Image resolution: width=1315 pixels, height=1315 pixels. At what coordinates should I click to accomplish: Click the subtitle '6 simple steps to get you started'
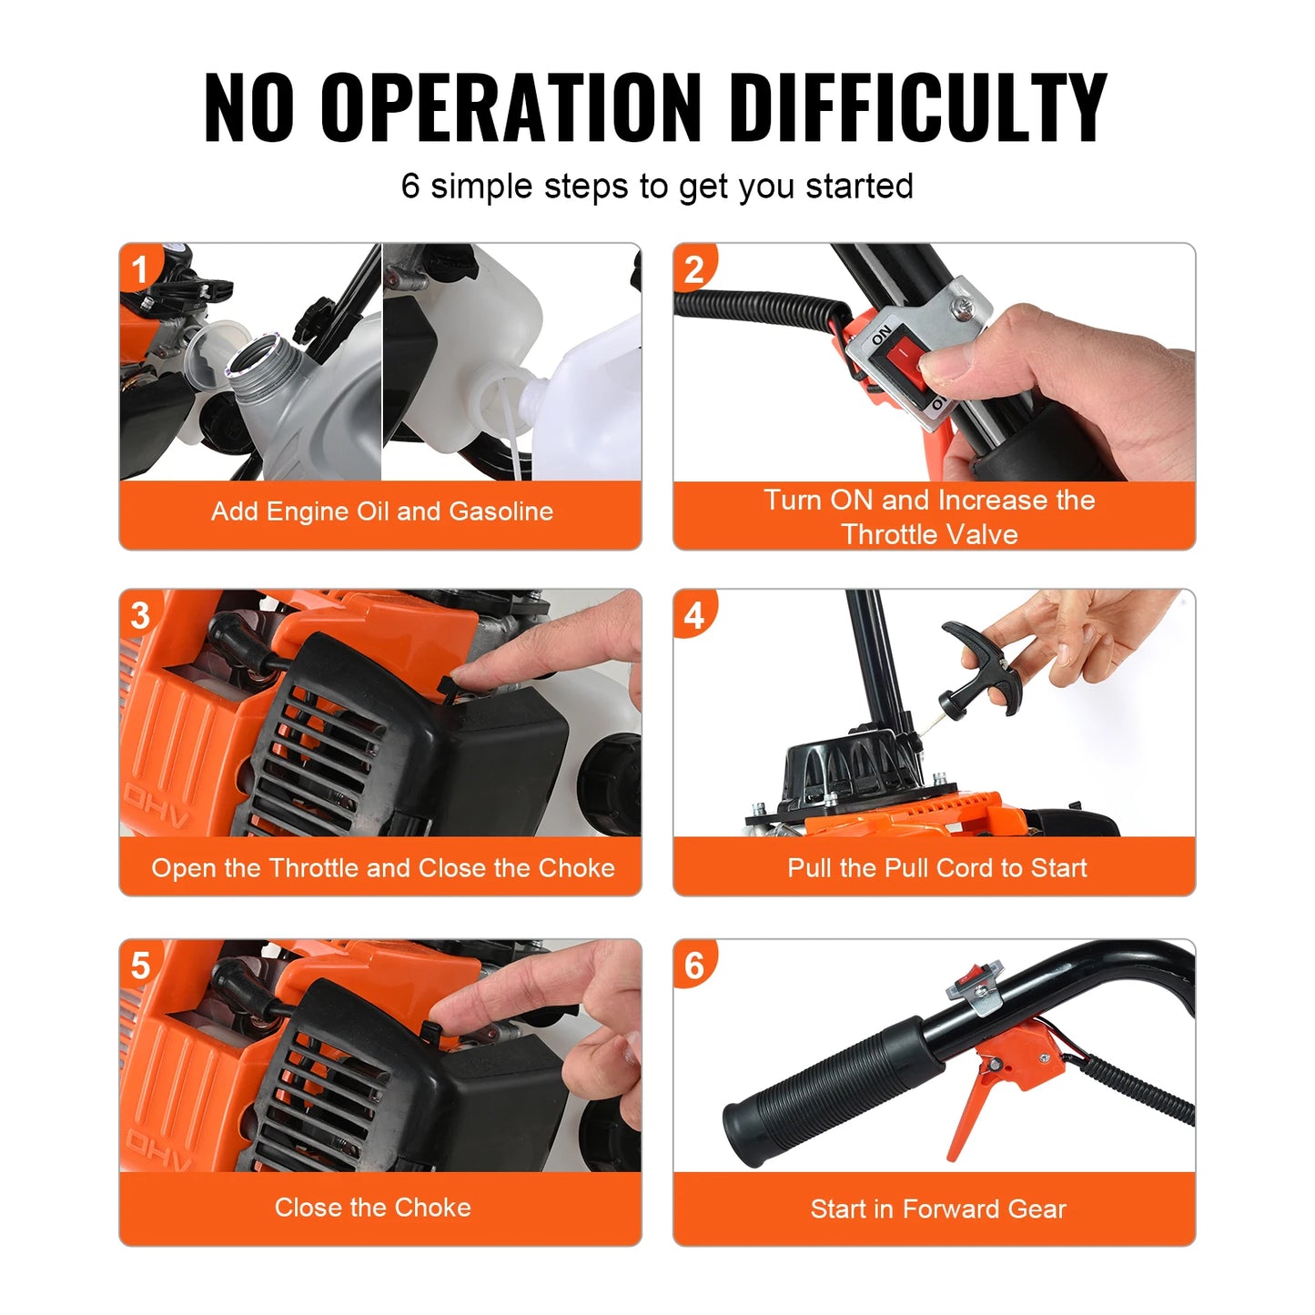[657, 187]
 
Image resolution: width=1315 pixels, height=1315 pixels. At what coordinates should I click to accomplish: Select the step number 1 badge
[140, 268]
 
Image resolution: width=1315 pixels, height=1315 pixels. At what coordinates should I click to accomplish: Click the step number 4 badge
[693, 615]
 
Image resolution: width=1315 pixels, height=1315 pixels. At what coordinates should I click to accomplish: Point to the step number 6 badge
[693, 965]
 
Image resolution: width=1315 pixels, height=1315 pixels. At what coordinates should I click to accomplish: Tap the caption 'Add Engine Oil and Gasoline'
[381, 511]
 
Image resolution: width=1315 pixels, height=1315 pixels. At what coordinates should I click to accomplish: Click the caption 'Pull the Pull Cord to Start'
[936, 867]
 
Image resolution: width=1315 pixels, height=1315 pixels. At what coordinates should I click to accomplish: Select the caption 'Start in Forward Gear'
[937, 1209]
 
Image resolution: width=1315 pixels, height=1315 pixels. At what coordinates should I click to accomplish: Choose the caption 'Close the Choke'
[373, 1208]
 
